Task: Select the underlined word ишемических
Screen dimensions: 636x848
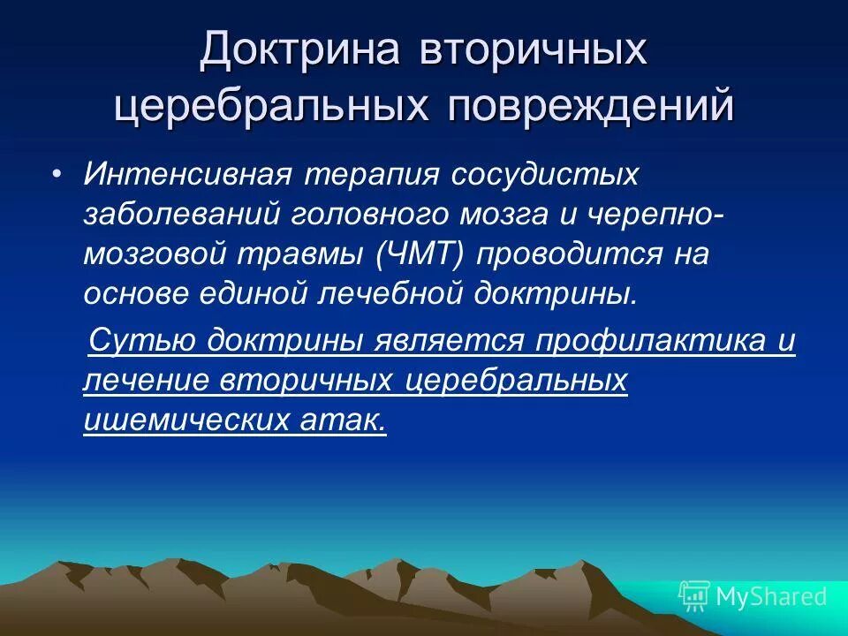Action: (180, 420)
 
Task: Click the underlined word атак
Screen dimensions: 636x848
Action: (339, 420)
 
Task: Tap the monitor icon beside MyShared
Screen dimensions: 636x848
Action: (694, 595)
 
